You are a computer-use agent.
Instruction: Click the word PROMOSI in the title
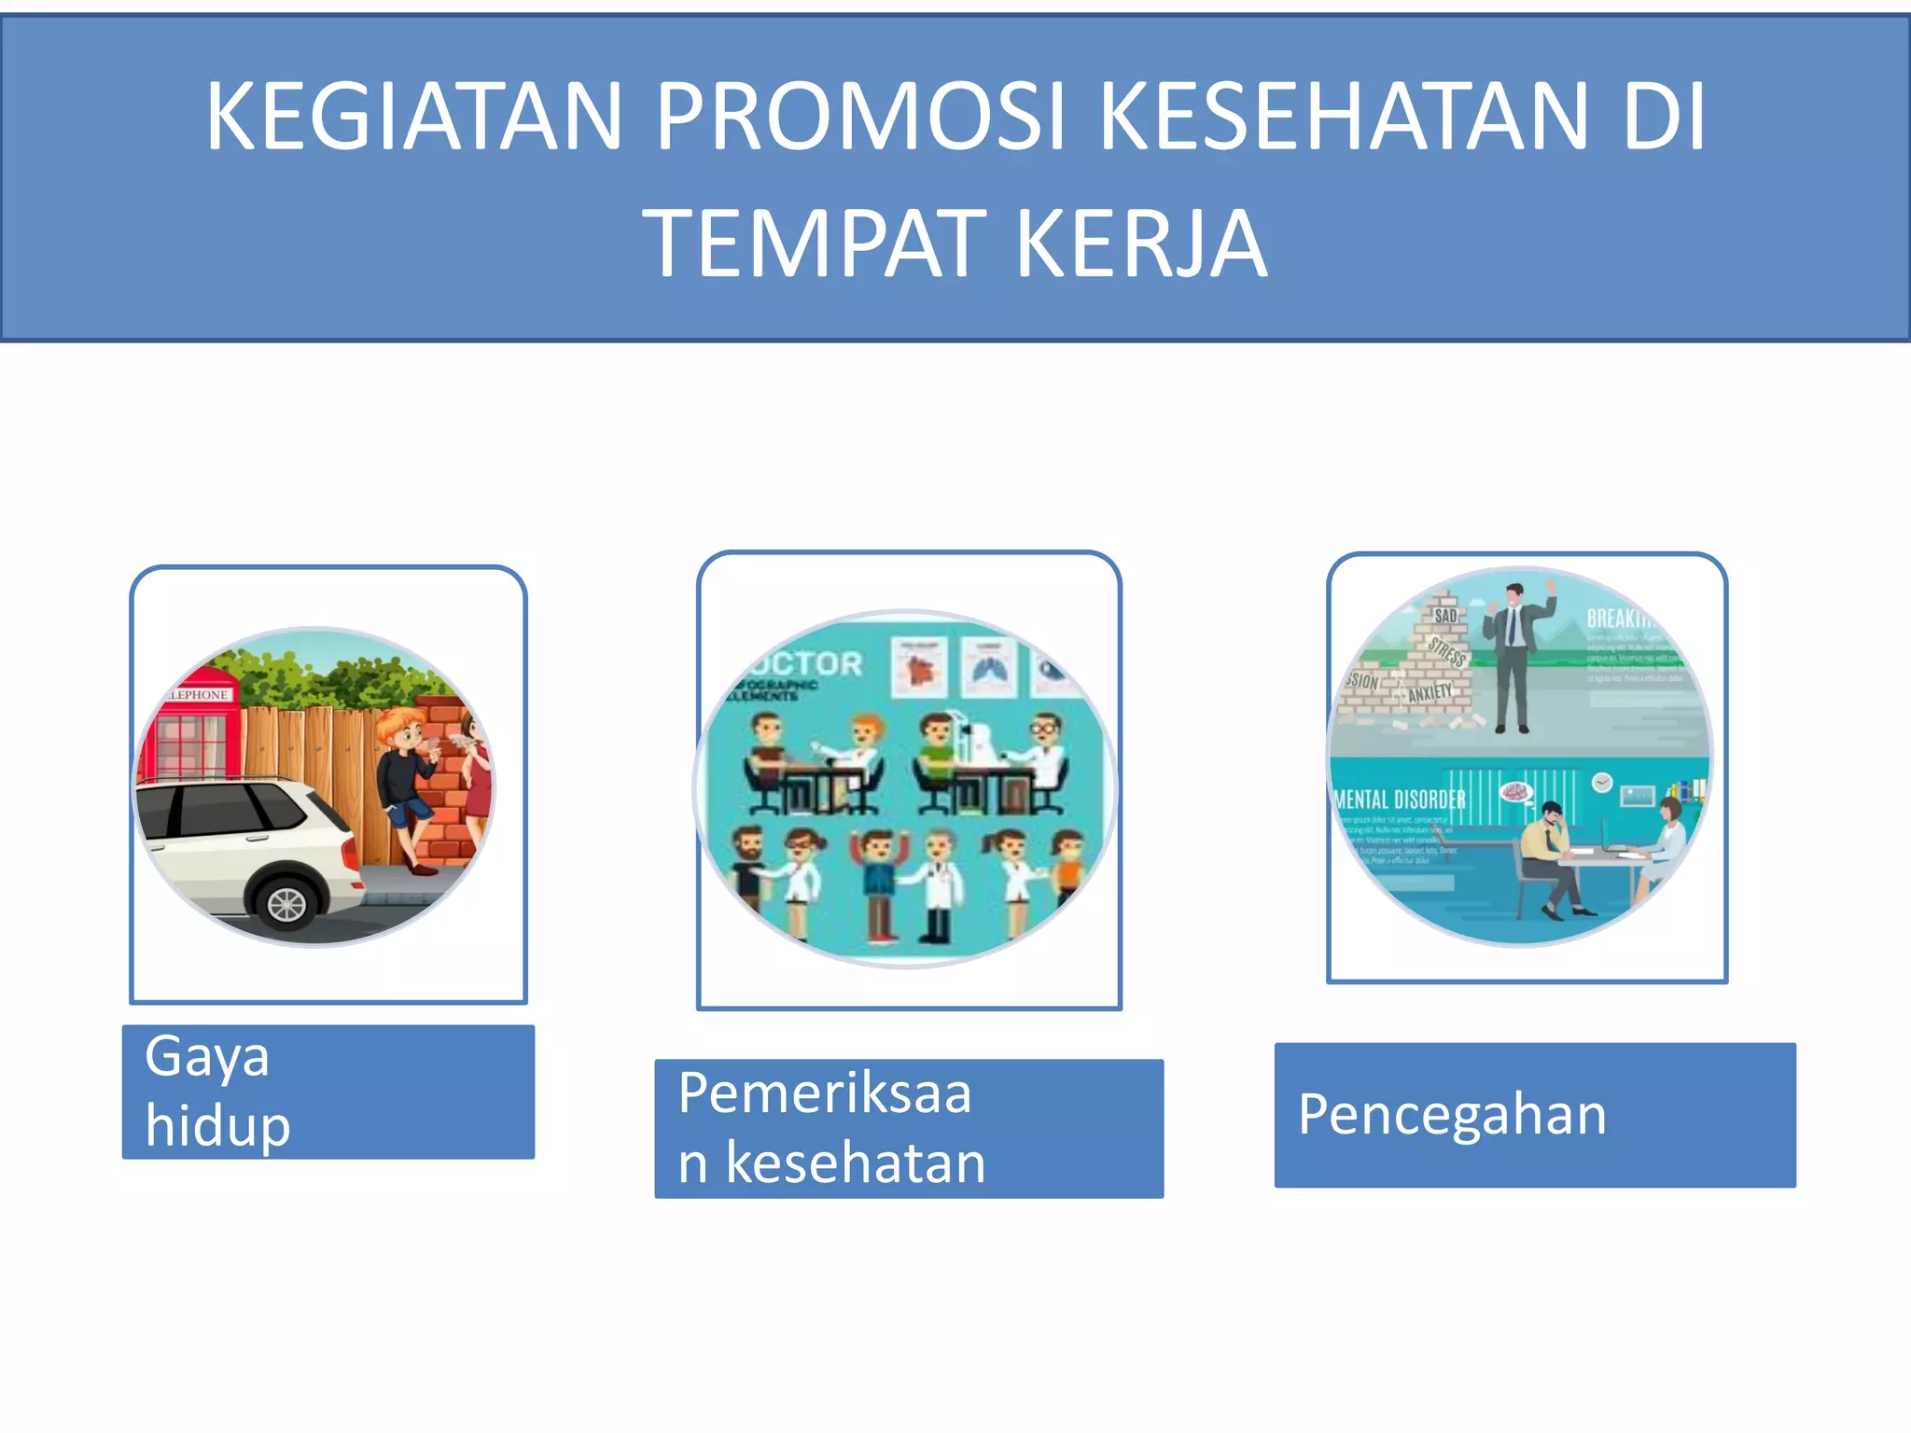(x=859, y=117)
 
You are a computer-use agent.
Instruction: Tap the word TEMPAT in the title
(x=814, y=244)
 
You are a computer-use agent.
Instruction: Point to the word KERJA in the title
(x=1141, y=244)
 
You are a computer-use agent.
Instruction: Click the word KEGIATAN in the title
(x=414, y=117)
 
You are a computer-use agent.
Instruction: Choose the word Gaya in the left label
(x=207, y=1057)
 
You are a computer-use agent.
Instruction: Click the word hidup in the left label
(x=218, y=1125)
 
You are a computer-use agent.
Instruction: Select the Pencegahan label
(x=1452, y=1114)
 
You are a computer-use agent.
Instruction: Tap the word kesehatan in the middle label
(x=855, y=1162)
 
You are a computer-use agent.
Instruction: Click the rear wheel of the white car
(x=286, y=903)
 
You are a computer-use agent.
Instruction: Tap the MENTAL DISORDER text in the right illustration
(x=1400, y=800)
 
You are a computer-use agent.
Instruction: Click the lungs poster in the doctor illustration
(x=988, y=667)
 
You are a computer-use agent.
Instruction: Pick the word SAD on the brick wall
(x=1445, y=616)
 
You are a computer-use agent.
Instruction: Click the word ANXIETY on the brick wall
(x=1430, y=692)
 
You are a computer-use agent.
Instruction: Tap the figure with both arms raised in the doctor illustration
(x=875, y=882)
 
